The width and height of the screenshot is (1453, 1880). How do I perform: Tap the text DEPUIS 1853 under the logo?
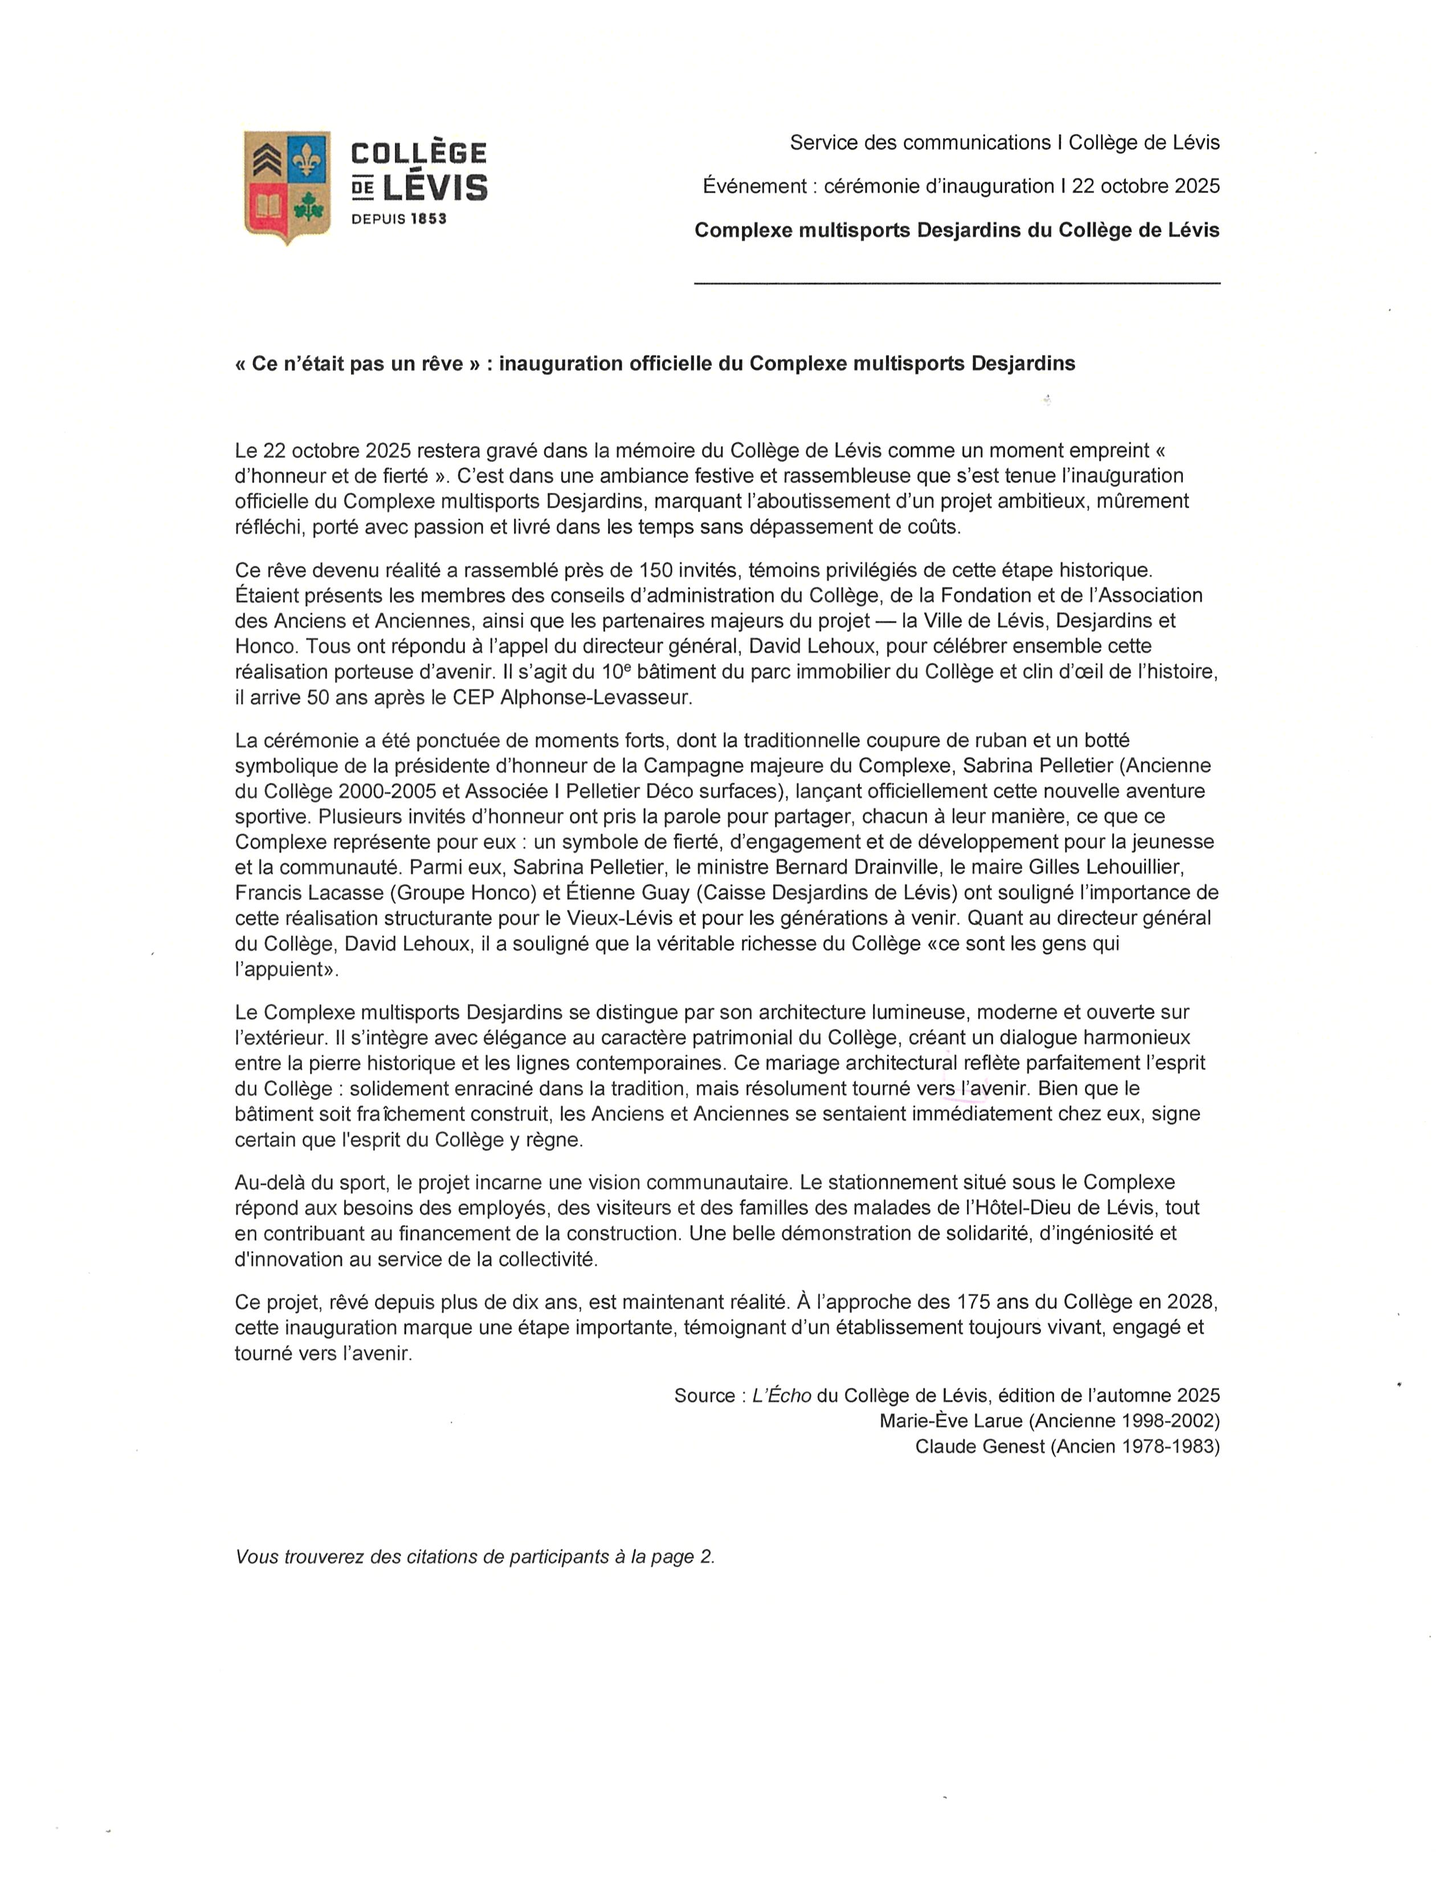(398, 219)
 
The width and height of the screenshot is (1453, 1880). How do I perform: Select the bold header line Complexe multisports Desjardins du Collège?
(956, 230)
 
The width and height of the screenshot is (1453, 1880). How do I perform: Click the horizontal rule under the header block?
(956, 283)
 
